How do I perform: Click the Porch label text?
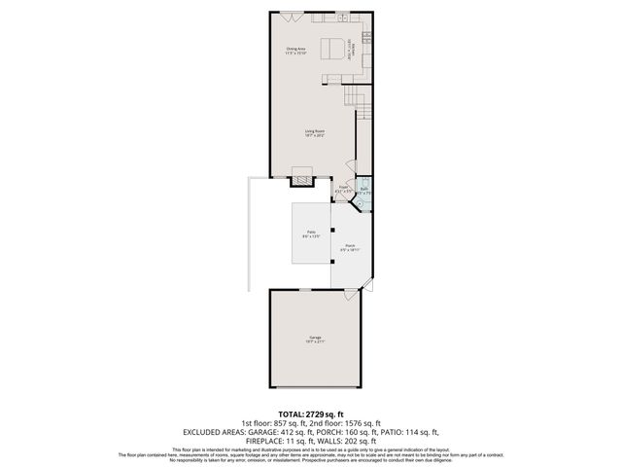click(349, 247)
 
